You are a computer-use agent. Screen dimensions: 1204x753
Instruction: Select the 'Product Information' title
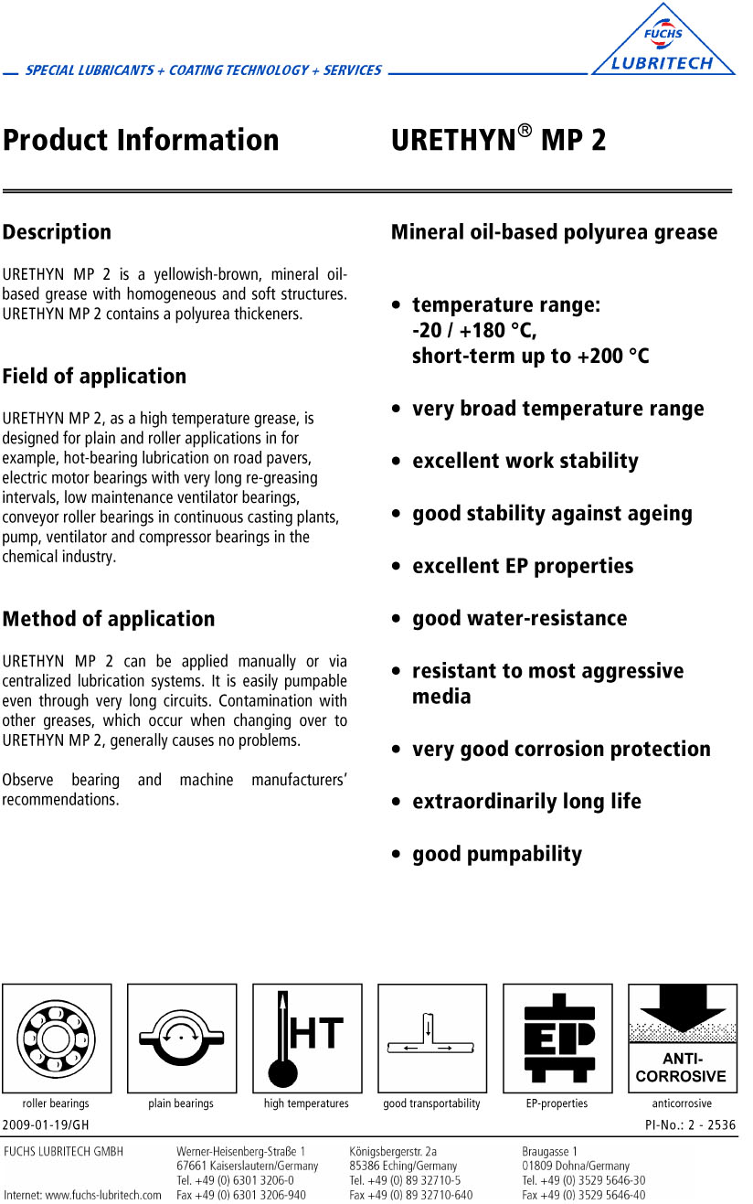coord(141,140)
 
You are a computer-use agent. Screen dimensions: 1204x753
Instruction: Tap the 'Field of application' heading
coord(94,376)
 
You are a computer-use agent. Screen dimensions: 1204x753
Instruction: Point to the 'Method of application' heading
coord(109,619)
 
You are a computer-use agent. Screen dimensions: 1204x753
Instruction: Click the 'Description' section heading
coord(57,232)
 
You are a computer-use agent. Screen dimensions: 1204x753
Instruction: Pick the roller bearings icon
coord(57,1038)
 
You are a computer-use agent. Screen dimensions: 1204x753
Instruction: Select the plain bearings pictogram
coord(182,1038)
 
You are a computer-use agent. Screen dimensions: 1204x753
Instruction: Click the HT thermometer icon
coord(307,1038)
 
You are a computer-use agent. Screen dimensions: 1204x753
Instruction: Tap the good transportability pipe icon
coord(432,1038)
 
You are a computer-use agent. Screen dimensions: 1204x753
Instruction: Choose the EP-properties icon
coord(557,1038)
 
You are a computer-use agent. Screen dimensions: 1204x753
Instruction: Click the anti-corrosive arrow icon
coord(682,1038)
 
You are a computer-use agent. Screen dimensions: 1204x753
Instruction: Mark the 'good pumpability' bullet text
coord(496,854)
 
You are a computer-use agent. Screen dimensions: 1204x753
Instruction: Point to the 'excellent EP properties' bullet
coord(522,566)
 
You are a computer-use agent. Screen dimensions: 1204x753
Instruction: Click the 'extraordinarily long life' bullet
coord(526,802)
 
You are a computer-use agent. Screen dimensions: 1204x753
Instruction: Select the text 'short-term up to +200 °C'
coord(530,356)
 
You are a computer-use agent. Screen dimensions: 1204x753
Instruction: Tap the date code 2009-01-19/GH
coord(47,1124)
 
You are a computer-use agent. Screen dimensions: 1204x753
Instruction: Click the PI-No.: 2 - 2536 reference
coord(690,1124)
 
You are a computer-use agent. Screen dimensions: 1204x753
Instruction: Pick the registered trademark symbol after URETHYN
coord(525,131)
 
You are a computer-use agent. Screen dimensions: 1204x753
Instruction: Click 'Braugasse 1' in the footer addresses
coord(550,1151)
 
